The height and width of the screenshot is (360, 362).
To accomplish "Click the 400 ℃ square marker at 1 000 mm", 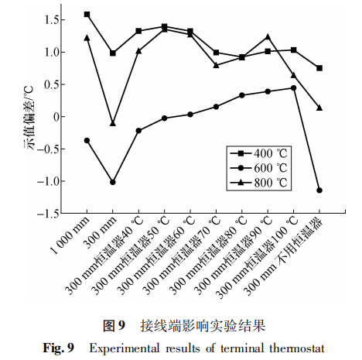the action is tap(87, 15).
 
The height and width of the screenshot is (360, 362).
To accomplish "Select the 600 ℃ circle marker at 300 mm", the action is tap(113, 182).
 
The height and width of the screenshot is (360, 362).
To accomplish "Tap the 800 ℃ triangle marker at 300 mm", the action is tap(113, 123).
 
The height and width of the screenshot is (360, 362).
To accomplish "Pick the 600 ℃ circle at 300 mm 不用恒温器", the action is tap(319, 190).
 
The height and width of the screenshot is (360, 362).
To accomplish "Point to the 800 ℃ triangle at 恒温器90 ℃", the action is tap(268, 37).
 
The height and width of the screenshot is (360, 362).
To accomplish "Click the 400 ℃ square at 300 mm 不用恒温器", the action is tap(319, 68).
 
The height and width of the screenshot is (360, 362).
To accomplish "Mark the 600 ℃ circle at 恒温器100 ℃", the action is tap(293, 88).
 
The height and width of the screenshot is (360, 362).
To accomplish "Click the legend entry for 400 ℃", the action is tap(259, 154).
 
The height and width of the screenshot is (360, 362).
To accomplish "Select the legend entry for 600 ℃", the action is tap(259, 168).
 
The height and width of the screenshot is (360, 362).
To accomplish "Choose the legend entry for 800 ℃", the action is tap(259, 183).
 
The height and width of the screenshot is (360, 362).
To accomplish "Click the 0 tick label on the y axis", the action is tap(56, 117).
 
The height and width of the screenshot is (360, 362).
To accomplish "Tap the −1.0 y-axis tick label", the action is tap(47, 181).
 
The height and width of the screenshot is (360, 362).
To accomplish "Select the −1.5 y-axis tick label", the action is tap(47, 214).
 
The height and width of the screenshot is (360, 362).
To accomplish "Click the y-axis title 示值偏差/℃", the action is tap(29, 118).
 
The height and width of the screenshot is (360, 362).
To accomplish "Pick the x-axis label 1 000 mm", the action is tap(70, 235).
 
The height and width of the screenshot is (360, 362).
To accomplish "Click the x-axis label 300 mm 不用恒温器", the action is tap(283, 256).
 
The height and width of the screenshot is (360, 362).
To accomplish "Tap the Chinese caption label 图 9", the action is tap(114, 326).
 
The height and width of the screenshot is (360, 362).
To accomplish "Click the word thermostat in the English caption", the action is tap(297, 348).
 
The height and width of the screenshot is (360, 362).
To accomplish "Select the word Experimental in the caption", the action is tap(125, 349).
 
